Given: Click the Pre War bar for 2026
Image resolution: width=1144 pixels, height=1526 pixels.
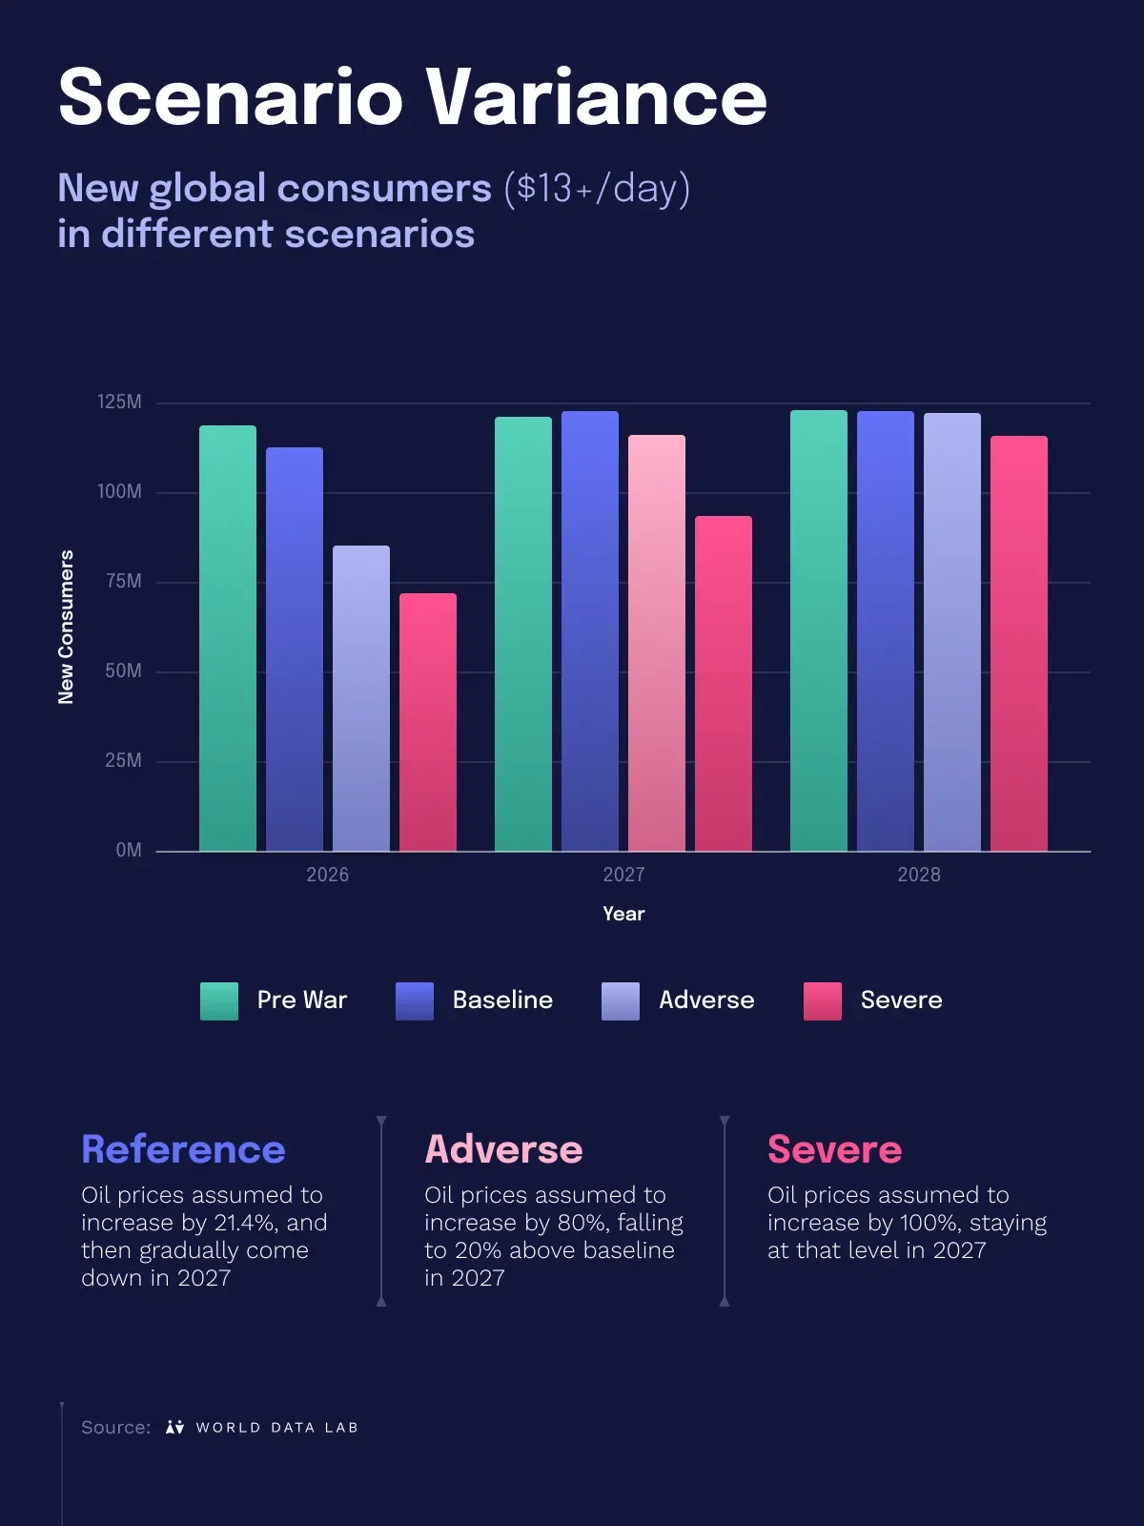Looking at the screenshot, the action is click(x=228, y=638).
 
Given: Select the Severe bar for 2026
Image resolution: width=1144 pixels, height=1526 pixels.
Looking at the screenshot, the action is click(x=428, y=722).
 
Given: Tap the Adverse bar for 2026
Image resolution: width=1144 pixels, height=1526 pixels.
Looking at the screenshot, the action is click(x=361, y=699).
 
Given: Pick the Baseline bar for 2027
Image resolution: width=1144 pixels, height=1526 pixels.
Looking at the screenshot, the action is click(x=590, y=631).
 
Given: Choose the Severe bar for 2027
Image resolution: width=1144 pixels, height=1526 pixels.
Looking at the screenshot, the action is click(x=723, y=684).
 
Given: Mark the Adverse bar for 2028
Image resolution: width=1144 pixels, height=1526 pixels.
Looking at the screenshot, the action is click(x=952, y=632).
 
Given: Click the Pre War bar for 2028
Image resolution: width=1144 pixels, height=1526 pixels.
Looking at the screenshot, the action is click(x=819, y=630).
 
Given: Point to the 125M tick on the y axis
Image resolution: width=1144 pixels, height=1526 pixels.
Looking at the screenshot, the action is click(x=119, y=402).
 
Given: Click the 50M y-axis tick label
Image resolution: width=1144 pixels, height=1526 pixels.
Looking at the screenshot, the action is click(x=123, y=670).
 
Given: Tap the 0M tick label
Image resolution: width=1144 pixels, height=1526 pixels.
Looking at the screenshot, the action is click(x=129, y=850).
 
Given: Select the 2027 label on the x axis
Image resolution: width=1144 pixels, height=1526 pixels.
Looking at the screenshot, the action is click(x=623, y=875).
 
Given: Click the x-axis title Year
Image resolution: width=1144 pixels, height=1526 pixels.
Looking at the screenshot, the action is click(x=623, y=914).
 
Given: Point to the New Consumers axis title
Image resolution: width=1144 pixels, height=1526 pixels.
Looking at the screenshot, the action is click(x=66, y=627).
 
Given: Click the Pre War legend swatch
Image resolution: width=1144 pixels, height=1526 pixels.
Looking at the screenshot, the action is click(x=219, y=1001).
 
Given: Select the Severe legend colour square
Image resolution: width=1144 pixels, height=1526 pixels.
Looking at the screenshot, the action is click(x=823, y=1001).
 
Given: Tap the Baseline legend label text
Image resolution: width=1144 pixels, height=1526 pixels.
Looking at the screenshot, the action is click(x=503, y=1000).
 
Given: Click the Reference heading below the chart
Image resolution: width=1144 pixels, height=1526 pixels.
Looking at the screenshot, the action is click(x=183, y=1149).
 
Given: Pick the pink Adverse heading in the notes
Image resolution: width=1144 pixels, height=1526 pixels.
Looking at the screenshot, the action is click(x=503, y=1149).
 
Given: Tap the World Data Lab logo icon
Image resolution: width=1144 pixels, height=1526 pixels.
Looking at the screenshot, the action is click(x=175, y=1427).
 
